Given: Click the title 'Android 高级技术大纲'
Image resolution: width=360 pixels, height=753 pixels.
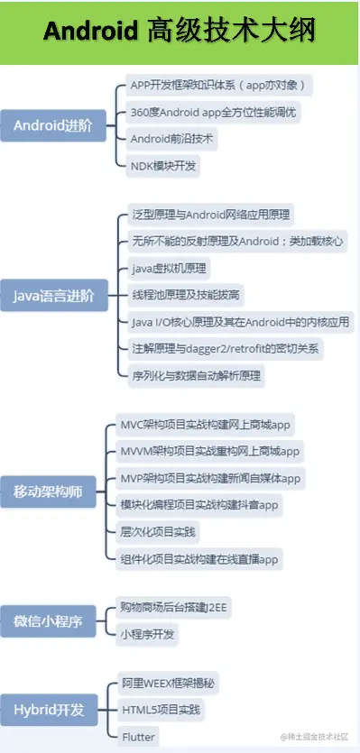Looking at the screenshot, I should click(x=180, y=32).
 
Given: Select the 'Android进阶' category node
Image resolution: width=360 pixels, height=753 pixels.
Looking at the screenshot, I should click(x=52, y=125).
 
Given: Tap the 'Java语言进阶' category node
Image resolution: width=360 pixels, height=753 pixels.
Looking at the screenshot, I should click(x=54, y=294).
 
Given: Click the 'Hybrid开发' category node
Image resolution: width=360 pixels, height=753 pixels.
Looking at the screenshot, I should click(x=49, y=710).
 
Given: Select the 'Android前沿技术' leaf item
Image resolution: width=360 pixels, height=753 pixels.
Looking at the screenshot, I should click(x=174, y=139).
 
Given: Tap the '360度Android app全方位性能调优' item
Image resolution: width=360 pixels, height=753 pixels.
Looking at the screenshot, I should click(x=213, y=113).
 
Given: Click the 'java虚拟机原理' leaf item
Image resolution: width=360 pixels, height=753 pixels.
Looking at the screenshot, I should click(x=169, y=268).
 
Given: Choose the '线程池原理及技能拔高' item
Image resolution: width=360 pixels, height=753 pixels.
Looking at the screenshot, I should click(x=186, y=295).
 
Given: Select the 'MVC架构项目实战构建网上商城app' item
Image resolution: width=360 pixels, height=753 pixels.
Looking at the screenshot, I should click(x=207, y=424).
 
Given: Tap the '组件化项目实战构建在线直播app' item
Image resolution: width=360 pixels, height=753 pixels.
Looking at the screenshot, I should click(x=200, y=557).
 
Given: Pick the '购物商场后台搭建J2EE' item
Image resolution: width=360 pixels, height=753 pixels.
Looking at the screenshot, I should click(x=174, y=608).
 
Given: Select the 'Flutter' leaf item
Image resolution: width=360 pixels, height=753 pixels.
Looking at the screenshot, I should click(x=138, y=737).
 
